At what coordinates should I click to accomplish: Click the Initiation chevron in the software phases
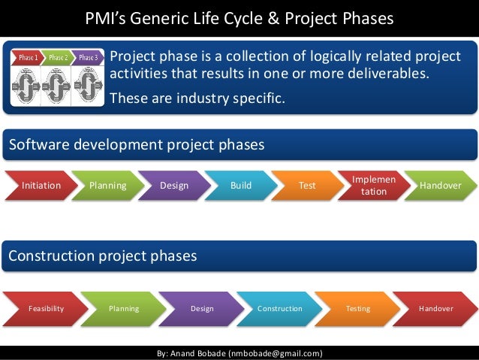click(x=41, y=185)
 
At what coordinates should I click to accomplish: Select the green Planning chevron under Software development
click(x=107, y=185)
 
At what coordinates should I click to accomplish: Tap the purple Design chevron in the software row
click(x=174, y=185)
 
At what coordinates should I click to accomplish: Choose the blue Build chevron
click(x=240, y=185)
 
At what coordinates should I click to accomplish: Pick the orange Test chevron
click(x=307, y=185)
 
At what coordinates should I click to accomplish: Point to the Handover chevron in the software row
click(x=440, y=185)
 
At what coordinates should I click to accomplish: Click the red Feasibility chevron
click(x=46, y=309)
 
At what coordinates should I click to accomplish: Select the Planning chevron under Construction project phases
click(x=123, y=309)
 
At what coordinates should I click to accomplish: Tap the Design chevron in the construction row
click(x=201, y=309)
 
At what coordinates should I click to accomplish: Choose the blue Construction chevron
click(x=279, y=309)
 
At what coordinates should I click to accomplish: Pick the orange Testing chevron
click(x=357, y=309)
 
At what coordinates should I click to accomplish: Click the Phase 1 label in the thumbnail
click(x=28, y=57)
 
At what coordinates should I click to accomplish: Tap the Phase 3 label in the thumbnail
click(x=88, y=57)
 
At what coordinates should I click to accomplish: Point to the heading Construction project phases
click(x=103, y=256)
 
